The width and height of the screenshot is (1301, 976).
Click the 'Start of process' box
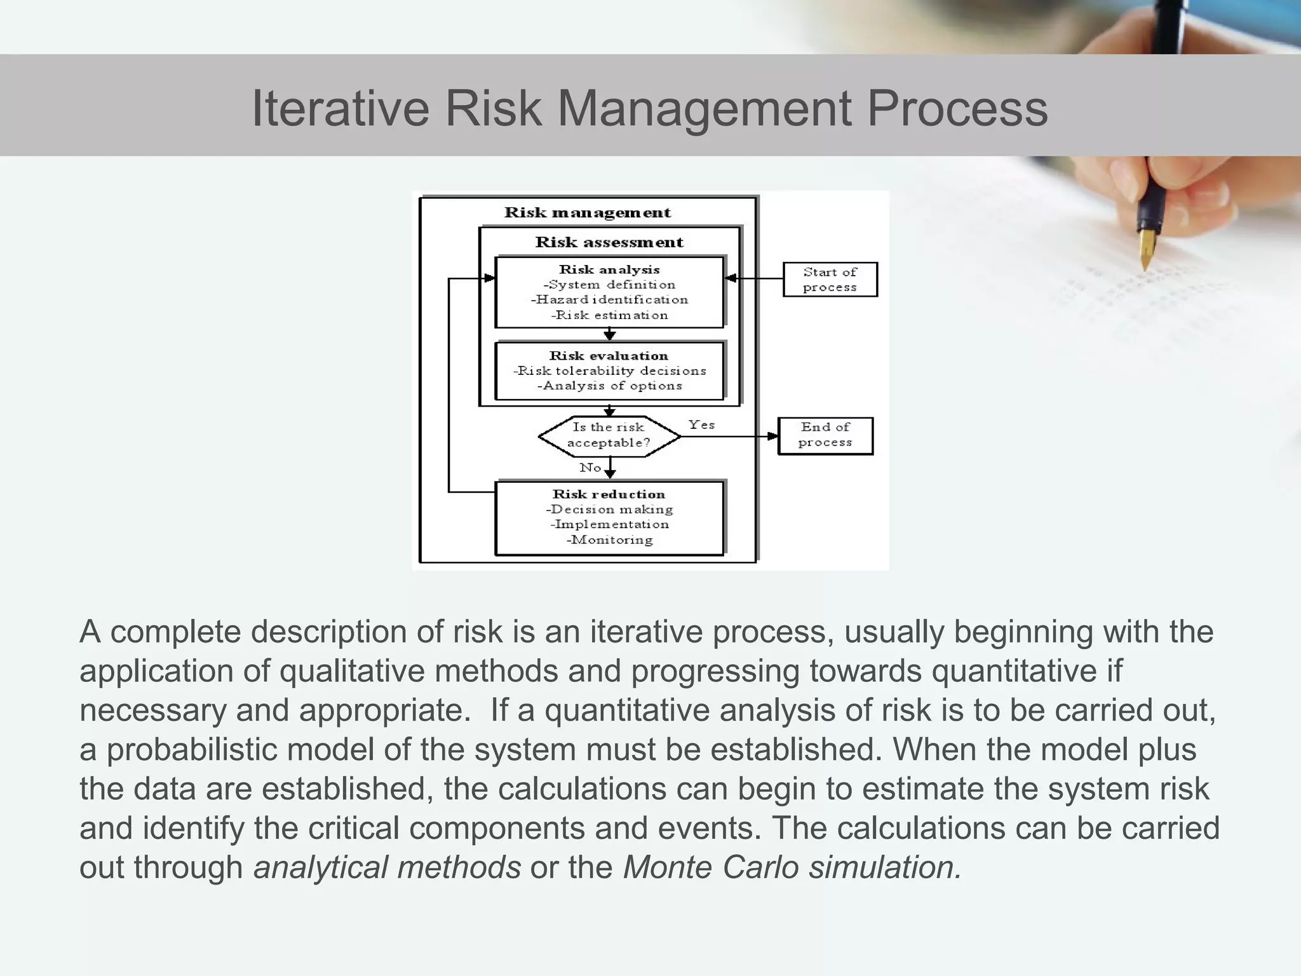[x=830, y=280]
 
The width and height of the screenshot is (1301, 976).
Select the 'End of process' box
[x=825, y=435]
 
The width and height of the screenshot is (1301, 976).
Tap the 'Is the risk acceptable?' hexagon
[x=609, y=436]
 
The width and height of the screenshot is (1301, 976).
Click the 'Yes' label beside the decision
[x=701, y=424]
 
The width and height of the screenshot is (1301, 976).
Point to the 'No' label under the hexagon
[x=590, y=468]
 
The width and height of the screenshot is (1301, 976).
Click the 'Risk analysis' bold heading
[x=609, y=269]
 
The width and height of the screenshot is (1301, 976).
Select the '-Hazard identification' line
[x=609, y=299]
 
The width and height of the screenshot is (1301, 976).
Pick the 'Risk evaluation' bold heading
[x=609, y=356]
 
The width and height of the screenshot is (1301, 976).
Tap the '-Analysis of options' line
[x=609, y=386]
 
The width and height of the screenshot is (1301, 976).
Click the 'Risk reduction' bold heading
[x=609, y=494]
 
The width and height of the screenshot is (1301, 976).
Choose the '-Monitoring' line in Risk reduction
[x=609, y=540]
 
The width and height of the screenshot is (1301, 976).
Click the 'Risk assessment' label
[x=609, y=242]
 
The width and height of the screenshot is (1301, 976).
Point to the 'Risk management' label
[x=587, y=213]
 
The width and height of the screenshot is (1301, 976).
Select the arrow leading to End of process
[x=731, y=437]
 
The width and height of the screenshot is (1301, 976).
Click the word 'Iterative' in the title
[x=340, y=109]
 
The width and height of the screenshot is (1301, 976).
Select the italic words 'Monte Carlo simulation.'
[x=792, y=867]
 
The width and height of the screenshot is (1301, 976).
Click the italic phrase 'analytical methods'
[x=387, y=867]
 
